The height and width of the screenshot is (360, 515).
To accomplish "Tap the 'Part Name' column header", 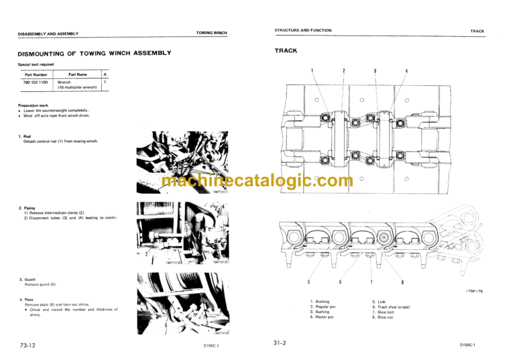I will (x=78, y=74).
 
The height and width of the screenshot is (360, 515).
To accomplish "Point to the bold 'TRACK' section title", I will (x=286, y=51).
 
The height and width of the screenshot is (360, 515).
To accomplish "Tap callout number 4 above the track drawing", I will (x=406, y=71).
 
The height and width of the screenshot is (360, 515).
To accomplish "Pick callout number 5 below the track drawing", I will (x=308, y=282).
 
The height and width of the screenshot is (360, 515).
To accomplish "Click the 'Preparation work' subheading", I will (x=34, y=105).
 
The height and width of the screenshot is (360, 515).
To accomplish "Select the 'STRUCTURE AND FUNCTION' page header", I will (x=303, y=31).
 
